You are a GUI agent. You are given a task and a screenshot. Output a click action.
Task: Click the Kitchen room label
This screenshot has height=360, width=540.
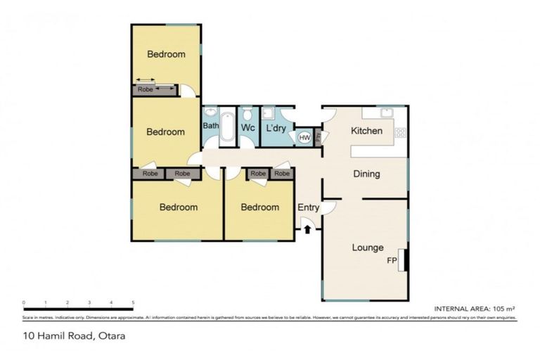pyautogui.click(x=366, y=131)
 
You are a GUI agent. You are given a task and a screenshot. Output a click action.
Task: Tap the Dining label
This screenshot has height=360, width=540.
pyautogui.click(x=366, y=174)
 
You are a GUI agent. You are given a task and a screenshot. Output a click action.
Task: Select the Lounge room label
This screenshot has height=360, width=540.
pyautogui.click(x=367, y=247)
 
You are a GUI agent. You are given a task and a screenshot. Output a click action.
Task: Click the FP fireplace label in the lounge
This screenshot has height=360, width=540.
pyautogui.click(x=392, y=260)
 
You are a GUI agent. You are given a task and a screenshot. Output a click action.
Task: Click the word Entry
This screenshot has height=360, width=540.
pyautogui.click(x=308, y=207)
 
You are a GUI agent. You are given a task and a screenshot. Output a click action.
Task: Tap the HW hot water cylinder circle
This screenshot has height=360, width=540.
pyautogui.click(x=304, y=138)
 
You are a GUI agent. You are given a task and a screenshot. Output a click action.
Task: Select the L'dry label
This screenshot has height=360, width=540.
pyautogui.click(x=274, y=129)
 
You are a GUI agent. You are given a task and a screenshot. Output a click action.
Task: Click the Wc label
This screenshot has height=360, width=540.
pyautogui.click(x=247, y=129)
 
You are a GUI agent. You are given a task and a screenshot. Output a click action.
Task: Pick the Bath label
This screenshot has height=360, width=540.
pyautogui.click(x=211, y=126)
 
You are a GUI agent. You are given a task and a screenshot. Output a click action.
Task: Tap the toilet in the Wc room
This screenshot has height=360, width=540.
pyautogui.click(x=248, y=114)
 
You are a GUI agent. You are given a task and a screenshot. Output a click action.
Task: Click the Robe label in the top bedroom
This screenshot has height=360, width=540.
pyautogui.click(x=146, y=90)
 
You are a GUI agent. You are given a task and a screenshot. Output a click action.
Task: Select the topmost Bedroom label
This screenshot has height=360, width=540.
pyautogui.click(x=166, y=54)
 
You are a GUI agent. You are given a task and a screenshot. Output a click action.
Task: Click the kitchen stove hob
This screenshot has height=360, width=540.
pyautogui.click(x=400, y=131)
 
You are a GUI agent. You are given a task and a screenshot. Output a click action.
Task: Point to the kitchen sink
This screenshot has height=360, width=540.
pyautogui.click(x=386, y=112)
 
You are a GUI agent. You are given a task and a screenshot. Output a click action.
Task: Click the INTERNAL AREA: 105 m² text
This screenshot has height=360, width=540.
pyautogui.click(x=475, y=309)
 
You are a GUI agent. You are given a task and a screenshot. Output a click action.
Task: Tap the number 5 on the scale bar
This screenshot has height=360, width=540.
pyautogui.click(x=133, y=303)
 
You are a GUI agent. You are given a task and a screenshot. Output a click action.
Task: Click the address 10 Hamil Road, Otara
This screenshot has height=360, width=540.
pyautogui.click(x=74, y=336)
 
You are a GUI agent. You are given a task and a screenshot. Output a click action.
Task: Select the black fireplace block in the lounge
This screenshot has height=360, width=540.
pyautogui.click(x=405, y=259)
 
